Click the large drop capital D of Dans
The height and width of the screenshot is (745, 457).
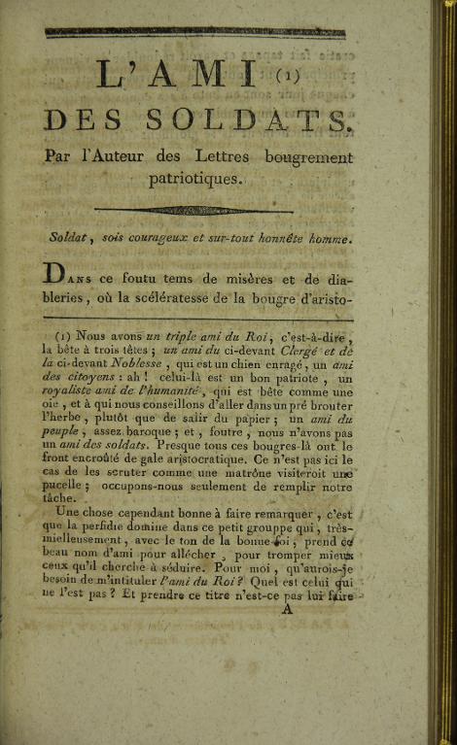pyautogui.click(x=58, y=274)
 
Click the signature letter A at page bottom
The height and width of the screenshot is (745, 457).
pyautogui.click(x=286, y=611)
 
